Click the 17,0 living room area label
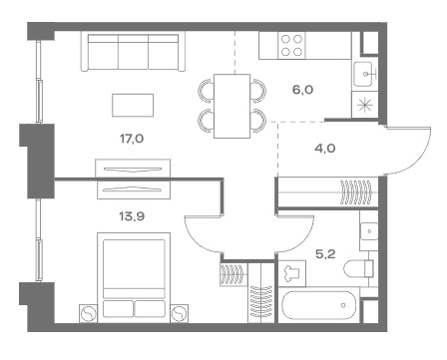click(x=132, y=139)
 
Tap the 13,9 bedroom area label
click(x=132, y=216)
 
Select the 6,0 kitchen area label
click(x=302, y=90)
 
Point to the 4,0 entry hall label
click(x=325, y=149)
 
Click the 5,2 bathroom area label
click(x=325, y=254)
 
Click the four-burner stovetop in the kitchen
click(x=291, y=45)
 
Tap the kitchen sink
click(x=365, y=74)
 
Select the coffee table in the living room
click(x=133, y=106)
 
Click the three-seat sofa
click(x=133, y=51)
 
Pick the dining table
click(x=231, y=106)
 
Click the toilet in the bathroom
click(x=359, y=269)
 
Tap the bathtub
click(x=319, y=306)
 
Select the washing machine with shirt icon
click(x=291, y=273)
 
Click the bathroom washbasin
click(x=369, y=230)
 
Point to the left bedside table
click(x=88, y=313)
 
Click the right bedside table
click(x=180, y=313)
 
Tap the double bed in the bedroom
click(x=134, y=277)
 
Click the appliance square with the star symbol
click(x=365, y=105)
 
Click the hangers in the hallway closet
click(x=355, y=192)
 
